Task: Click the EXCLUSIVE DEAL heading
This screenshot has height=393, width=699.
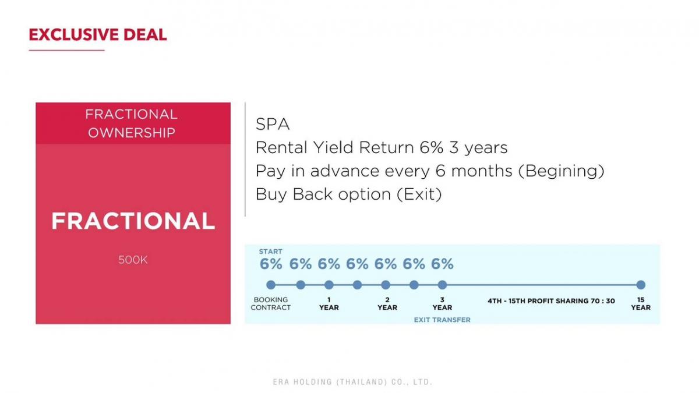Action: (98, 34)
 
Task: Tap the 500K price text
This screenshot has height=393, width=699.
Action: (133, 260)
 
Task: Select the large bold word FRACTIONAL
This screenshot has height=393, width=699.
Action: (133, 221)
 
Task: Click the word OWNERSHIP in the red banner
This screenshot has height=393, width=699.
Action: (132, 133)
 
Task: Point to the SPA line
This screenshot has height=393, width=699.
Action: (273, 124)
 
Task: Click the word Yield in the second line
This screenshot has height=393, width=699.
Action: (333, 147)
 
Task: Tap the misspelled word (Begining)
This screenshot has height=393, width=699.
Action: (562, 171)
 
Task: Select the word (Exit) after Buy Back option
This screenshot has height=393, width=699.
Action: (419, 194)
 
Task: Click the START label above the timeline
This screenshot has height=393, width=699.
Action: (270, 252)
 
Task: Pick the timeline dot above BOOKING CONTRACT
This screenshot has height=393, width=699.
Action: (271, 285)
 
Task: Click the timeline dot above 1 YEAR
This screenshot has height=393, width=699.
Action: (329, 285)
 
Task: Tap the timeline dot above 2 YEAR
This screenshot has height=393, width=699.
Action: (386, 285)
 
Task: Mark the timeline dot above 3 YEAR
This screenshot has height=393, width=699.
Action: (442, 285)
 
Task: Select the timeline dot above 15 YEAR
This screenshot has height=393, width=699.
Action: (641, 285)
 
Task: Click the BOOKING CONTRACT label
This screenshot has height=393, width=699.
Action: (270, 303)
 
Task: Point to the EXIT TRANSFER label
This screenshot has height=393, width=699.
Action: (442, 320)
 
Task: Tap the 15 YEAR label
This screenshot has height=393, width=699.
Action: (641, 303)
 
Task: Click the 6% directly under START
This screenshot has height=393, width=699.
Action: (271, 264)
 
